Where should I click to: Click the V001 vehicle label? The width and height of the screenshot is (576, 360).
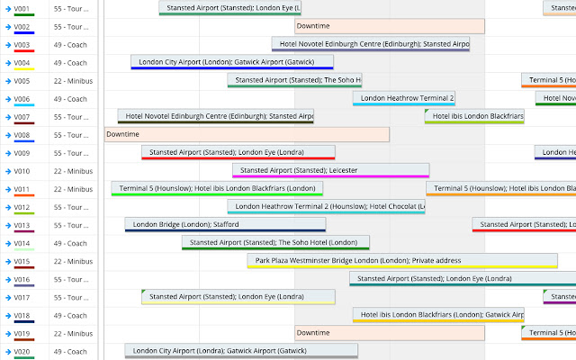point(22,9)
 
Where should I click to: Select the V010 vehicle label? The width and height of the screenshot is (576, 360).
point(22,171)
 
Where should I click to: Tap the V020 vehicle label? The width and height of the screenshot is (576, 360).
point(22,351)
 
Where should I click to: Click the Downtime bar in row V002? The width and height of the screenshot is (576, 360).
point(389,26)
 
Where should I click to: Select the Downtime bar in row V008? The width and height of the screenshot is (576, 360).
point(247,134)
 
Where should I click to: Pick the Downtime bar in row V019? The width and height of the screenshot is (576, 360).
point(389,332)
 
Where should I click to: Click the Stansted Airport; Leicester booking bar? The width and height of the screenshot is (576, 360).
point(330,170)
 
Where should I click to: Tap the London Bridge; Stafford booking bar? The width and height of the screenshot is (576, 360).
point(226,224)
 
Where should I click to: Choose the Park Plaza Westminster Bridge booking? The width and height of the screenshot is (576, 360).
point(402,260)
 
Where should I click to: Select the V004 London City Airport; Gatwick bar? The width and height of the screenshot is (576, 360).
point(232,62)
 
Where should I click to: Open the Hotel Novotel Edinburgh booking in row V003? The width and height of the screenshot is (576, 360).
point(371,44)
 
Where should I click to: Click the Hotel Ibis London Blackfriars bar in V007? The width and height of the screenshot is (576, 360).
point(474,116)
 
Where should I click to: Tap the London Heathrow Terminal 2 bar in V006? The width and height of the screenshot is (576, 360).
point(403,98)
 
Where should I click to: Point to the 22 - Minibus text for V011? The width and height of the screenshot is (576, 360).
point(73,189)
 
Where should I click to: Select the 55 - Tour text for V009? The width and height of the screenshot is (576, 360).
point(69,153)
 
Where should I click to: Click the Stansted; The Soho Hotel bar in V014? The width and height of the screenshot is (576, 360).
point(275,242)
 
